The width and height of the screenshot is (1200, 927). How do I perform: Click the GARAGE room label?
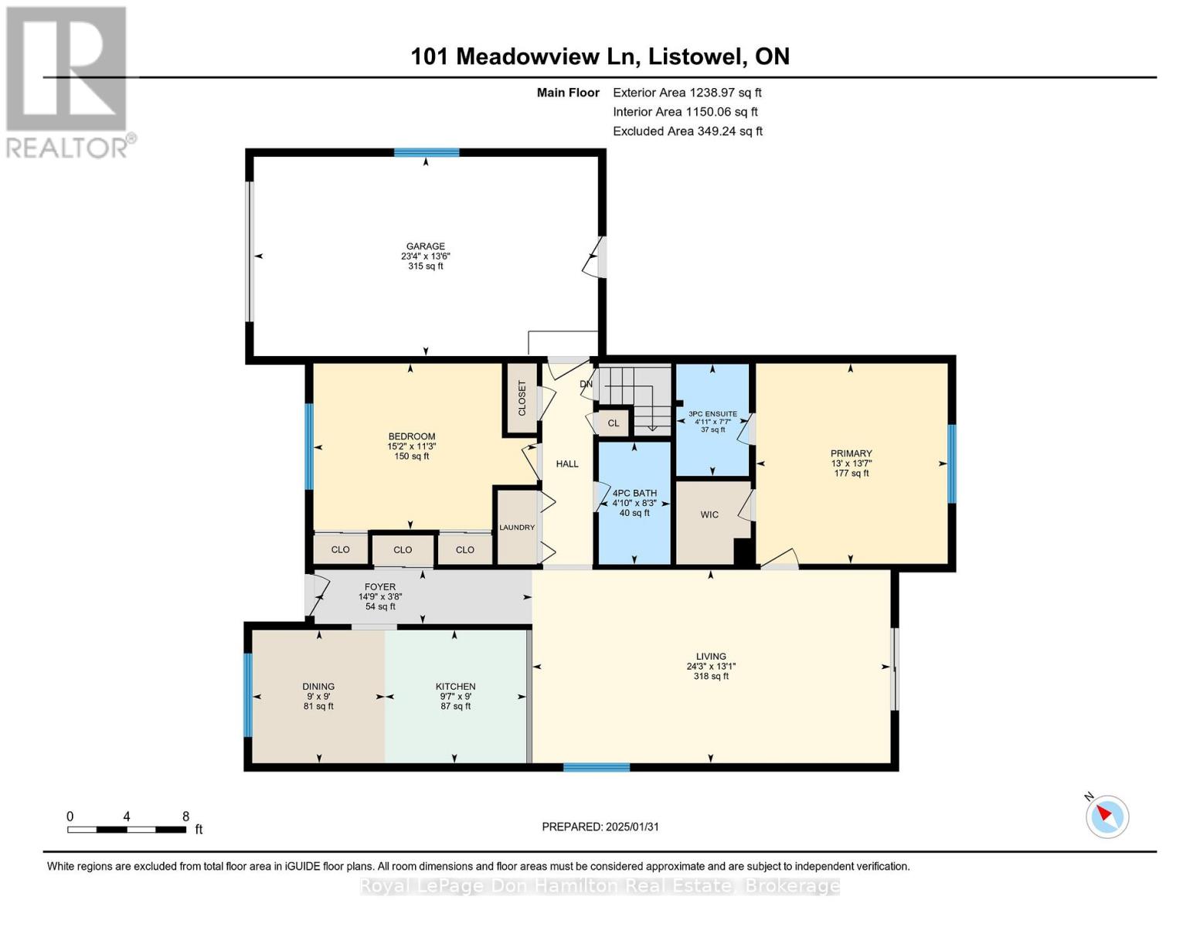[x=425, y=246]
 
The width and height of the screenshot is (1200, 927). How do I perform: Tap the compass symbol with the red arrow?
[x=1107, y=817]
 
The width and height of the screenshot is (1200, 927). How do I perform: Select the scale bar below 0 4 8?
[x=127, y=830]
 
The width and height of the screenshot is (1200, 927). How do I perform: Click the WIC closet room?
[x=709, y=514]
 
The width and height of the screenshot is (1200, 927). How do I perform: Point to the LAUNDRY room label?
[x=517, y=528]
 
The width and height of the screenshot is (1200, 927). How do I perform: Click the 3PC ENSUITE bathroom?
[x=712, y=421]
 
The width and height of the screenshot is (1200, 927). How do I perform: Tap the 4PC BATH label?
[x=634, y=493]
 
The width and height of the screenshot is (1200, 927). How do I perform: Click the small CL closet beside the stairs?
[x=614, y=423]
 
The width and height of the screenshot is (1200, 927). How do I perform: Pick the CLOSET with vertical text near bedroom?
[x=522, y=398]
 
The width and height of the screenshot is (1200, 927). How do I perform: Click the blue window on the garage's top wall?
[x=427, y=153]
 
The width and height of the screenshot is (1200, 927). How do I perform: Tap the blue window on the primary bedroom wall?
[x=952, y=463]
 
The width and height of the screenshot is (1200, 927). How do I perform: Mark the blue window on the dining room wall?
[x=248, y=695]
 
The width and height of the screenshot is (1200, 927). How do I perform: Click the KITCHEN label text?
[x=455, y=686]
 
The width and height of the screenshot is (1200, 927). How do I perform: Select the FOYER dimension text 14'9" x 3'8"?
[x=380, y=596]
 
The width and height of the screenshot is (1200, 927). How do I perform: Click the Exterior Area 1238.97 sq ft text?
[x=687, y=92]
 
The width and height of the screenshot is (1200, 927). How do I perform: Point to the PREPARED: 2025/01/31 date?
[x=600, y=827]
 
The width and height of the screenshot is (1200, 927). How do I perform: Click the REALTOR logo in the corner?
[x=68, y=81]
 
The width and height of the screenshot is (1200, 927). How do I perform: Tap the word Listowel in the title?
[x=696, y=56]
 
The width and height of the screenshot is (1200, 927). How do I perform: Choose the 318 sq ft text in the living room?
[x=711, y=676]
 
